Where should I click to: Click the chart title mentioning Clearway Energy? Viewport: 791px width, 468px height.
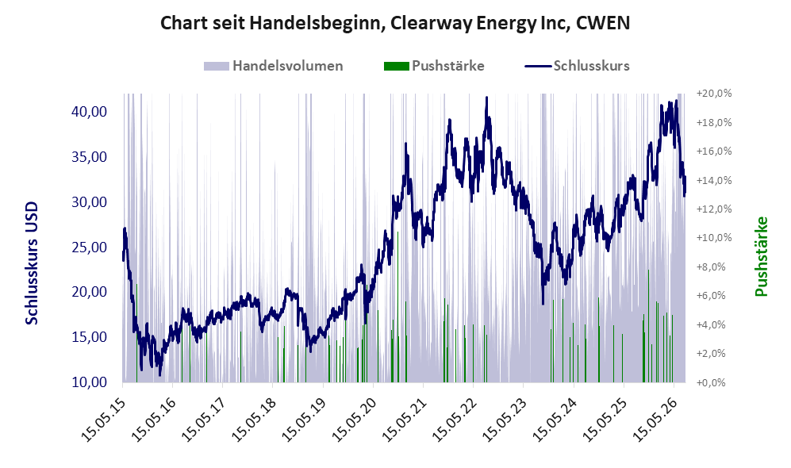click(395, 23)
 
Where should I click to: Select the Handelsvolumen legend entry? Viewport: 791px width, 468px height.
click(274, 66)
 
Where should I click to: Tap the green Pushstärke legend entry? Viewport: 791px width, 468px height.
click(434, 66)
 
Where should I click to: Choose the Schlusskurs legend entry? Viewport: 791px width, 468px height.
click(577, 66)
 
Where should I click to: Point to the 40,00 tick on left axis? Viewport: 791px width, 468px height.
click(90, 112)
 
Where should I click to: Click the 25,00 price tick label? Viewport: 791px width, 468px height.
click(90, 247)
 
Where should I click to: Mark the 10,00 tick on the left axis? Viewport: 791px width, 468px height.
click(90, 382)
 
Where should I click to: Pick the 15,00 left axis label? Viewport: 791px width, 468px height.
click(90, 337)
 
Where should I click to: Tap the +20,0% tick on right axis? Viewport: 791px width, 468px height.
click(714, 94)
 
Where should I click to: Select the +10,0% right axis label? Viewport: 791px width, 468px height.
click(714, 237)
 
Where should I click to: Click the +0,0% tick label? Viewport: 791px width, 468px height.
click(711, 382)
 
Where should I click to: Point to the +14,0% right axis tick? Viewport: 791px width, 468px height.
click(714, 180)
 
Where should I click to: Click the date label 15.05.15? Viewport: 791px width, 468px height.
click(103, 420)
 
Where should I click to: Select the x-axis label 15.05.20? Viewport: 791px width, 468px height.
click(354, 420)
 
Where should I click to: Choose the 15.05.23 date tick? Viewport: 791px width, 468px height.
click(504, 420)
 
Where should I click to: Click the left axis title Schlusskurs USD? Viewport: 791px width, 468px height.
click(31, 263)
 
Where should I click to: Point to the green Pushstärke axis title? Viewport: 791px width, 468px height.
click(761, 257)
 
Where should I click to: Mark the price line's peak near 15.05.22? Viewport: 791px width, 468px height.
click(487, 98)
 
